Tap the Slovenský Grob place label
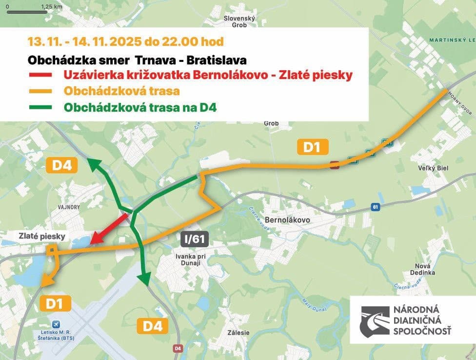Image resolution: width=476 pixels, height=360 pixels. pos(239,21)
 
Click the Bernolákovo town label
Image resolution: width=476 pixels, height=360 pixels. pos(288,220)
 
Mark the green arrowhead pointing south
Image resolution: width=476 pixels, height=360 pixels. pos(144,280)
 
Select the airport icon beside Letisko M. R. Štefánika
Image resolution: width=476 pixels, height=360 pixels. pos(56,325)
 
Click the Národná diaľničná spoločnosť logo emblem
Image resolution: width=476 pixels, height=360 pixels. pos(374,320)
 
